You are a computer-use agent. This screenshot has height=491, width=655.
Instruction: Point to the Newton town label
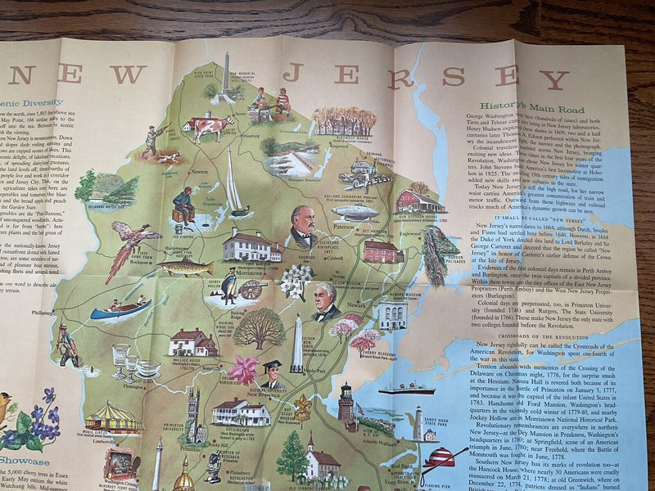pos(198,173)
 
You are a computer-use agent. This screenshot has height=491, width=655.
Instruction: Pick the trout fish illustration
pos(183,267)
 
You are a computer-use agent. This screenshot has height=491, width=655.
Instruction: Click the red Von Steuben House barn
pos(419,200)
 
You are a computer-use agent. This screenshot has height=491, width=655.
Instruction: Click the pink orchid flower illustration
pos(243,369)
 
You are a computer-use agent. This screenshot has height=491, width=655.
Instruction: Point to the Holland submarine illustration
pos(355,211)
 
